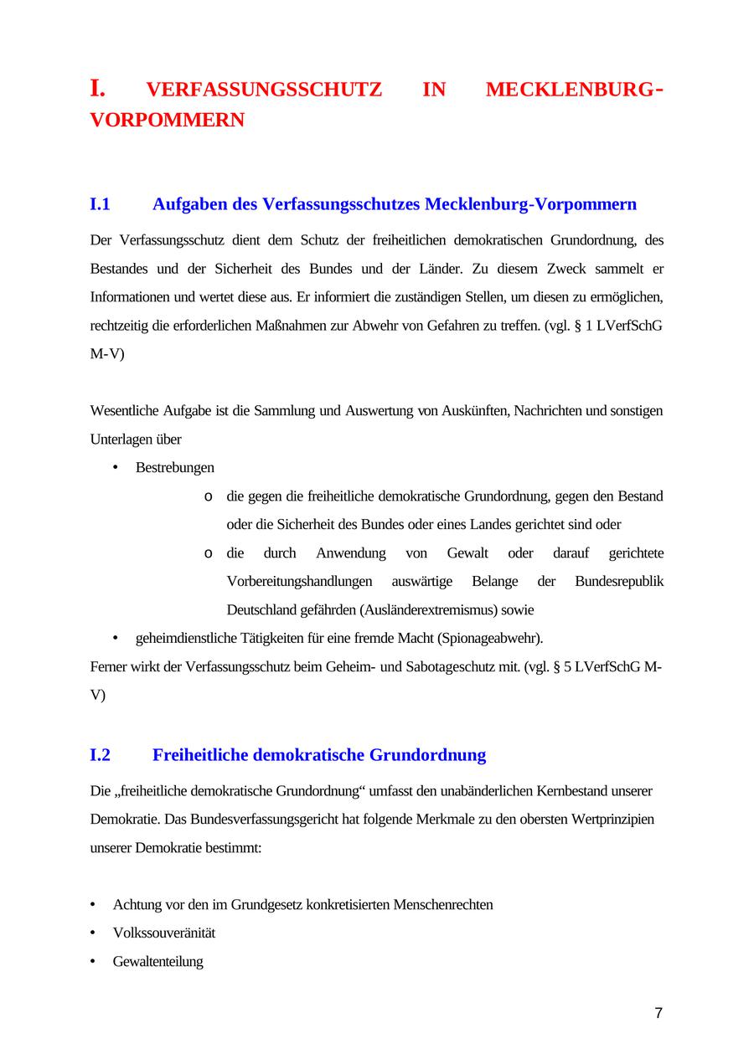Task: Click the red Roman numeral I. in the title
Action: point(98,88)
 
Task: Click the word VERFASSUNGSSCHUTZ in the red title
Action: point(264,90)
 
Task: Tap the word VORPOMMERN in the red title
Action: point(168,121)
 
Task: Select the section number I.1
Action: point(100,204)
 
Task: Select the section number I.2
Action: point(100,755)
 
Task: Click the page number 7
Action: point(658,1014)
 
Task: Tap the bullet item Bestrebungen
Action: point(175,468)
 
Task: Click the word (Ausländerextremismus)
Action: point(432,610)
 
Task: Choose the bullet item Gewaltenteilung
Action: point(158,962)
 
